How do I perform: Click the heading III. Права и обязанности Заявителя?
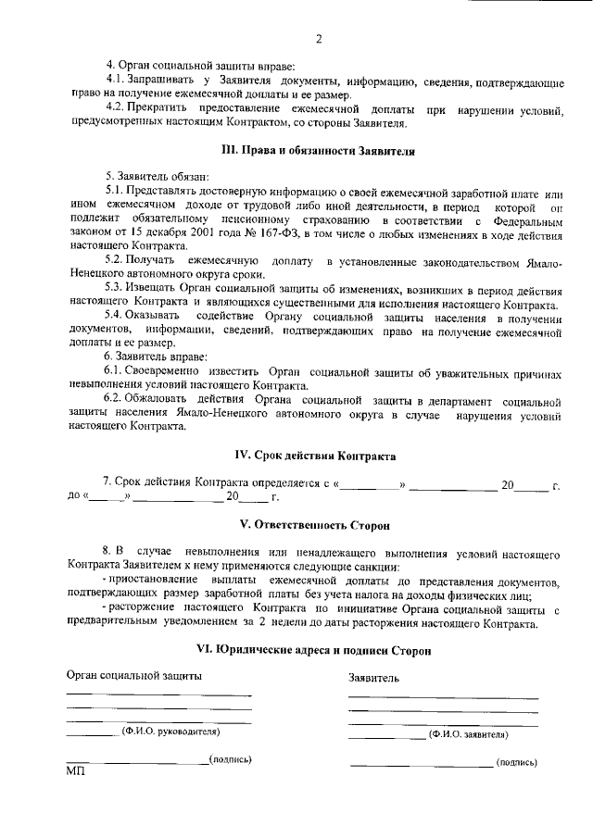tap(315, 150)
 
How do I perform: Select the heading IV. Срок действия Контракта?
tap(315, 456)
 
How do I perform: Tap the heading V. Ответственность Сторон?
tap(315, 524)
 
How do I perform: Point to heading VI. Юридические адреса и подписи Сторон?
tap(315, 651)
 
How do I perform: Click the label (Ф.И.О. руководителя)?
tap(170, 731)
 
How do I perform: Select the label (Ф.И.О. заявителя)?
tap(468, 734)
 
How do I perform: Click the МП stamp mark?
tap(75, 771)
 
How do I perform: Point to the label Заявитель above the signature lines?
tap(373, 678)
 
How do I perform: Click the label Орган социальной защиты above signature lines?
tap(133, 675)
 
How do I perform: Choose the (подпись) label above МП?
tap(231, 759)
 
